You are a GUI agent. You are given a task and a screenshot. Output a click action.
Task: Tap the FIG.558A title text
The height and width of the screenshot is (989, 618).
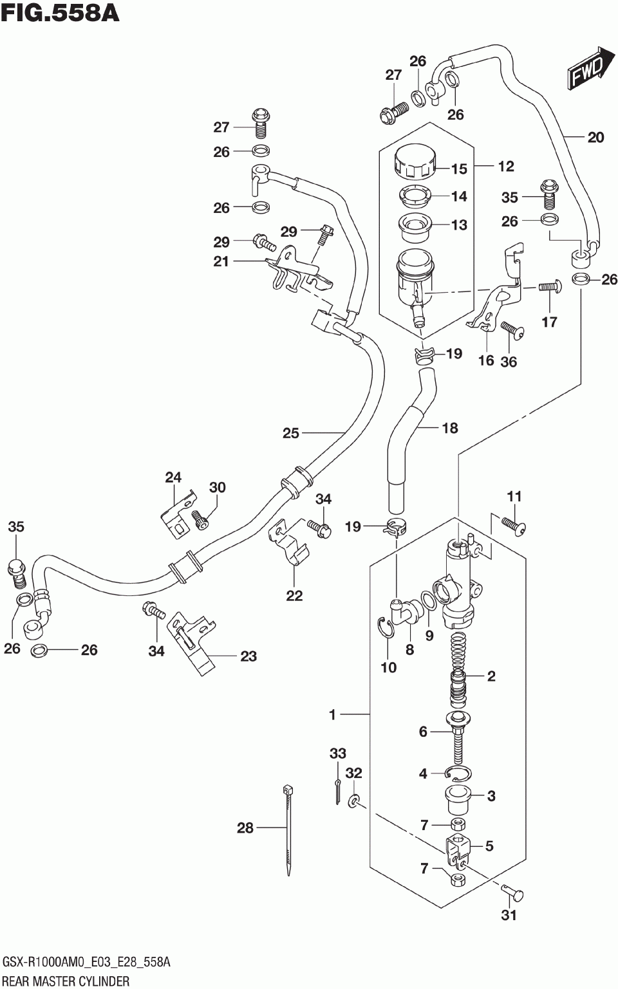tap(61, 14)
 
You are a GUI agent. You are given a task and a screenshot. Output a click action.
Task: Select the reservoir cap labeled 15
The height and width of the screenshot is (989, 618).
tap(415, 164)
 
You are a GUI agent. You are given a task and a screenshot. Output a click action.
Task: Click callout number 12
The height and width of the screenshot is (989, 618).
tap(506, 166)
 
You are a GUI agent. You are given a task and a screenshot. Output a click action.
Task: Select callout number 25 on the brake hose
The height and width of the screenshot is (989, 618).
tap(291, 433)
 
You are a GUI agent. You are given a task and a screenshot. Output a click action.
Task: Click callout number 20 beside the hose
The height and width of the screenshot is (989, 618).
tap(595, 138)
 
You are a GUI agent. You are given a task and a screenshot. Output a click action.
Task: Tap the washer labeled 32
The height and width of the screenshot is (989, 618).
tap(353, 800)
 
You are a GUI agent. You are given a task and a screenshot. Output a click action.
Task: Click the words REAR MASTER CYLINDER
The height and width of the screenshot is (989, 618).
tap(66, 981)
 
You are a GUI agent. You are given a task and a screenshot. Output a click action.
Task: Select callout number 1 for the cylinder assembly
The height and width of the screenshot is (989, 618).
tap(333, 714)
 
